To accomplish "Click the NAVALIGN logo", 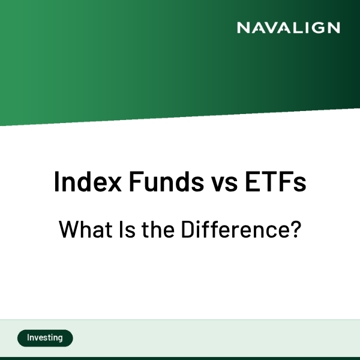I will (288, 28).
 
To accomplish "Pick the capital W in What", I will (67, 230).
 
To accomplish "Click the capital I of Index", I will (57, 182).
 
